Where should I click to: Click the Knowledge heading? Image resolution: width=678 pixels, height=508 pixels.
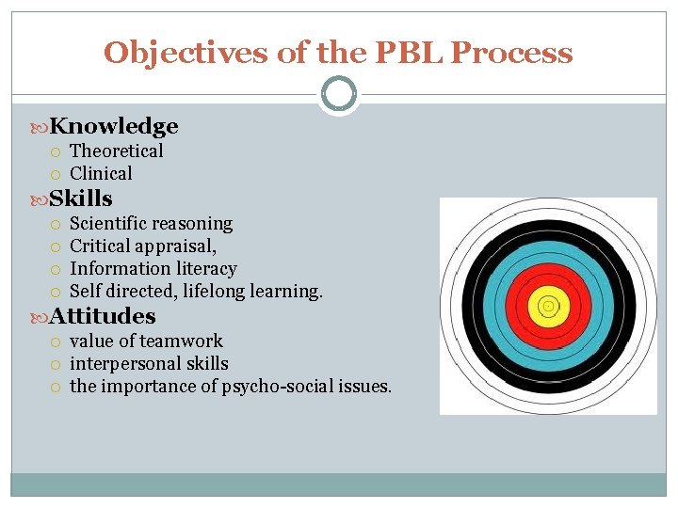[114, 126]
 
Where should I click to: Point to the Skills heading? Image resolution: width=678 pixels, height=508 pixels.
[81, 198]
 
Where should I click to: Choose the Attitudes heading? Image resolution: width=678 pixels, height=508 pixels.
[103, 316]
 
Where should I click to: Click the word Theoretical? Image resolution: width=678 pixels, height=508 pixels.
[117, 151]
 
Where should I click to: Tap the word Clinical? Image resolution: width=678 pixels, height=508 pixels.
[101, 173]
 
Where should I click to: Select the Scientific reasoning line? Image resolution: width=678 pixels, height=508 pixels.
[151, 223]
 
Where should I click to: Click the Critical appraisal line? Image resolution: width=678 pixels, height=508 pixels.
[143, 246]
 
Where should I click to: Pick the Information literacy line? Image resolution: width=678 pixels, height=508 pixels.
[153, 268]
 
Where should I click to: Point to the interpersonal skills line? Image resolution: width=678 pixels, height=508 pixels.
[149, 363]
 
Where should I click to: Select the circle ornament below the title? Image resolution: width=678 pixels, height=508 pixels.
[339, 94]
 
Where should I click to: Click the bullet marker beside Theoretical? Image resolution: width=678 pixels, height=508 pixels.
[56, 151]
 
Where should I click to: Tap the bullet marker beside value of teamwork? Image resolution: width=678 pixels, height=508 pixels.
[56, 341]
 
